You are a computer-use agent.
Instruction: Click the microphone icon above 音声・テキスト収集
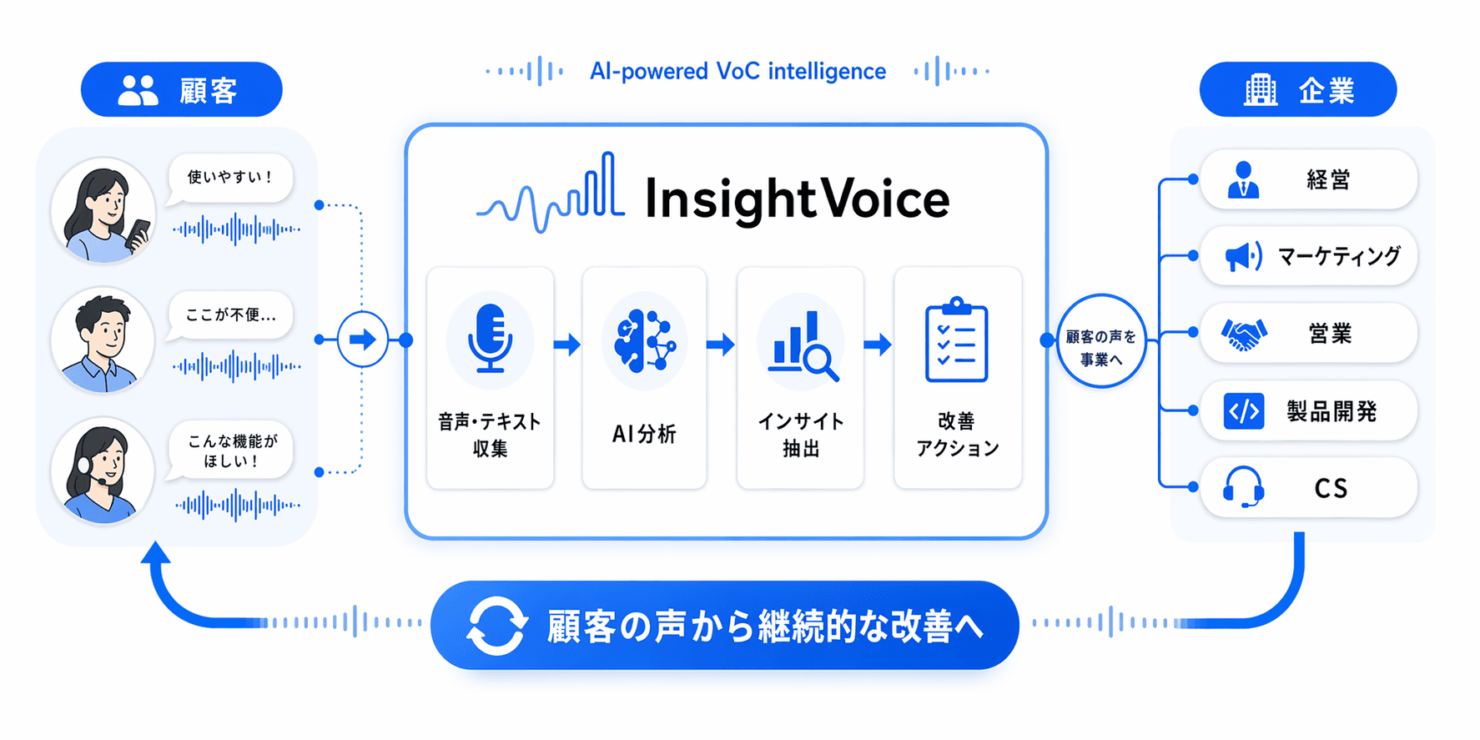490,338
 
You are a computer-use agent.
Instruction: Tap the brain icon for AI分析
643,340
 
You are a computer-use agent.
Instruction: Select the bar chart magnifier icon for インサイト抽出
802,344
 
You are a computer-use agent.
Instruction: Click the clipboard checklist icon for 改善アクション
956,343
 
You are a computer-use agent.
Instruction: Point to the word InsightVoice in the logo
797,199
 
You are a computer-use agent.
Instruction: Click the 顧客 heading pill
181,89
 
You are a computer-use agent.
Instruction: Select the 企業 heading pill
1297,89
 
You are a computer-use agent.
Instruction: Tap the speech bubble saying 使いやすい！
230,177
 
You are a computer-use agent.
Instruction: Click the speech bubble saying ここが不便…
230,315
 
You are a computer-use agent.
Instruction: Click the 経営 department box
1307,179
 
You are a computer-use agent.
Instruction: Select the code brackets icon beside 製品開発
1243,411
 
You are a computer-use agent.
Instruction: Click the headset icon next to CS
1243,487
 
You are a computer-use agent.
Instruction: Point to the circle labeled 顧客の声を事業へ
1100,340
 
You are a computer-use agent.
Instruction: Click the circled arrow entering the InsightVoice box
362,340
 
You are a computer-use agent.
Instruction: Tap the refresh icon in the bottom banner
496,626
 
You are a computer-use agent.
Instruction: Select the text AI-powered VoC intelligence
737,72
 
